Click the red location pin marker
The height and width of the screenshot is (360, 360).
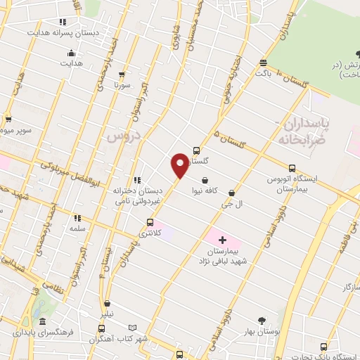pos(180,166)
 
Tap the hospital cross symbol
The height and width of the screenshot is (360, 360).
pos(223,240)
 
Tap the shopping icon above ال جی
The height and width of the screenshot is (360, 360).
pos(232,192)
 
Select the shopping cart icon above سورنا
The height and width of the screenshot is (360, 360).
pos(123,74)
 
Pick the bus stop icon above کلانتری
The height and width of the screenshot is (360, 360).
pos(148,223)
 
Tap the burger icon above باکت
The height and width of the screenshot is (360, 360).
pos(263,62)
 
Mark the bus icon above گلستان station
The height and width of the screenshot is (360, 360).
pos(196,150)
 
